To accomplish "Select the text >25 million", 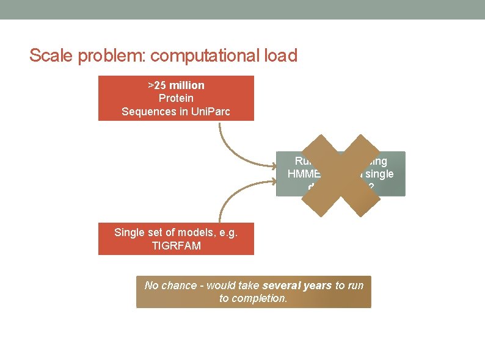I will coord(176,85).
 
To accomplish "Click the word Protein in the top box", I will coord(176,98).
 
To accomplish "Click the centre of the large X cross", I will coord(341,176).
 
